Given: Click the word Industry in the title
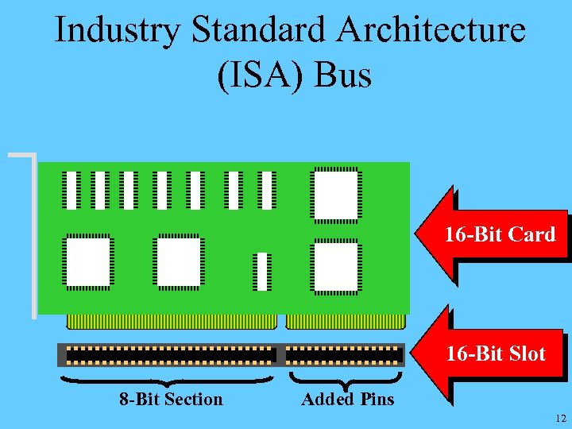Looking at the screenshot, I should (x=118, y=30).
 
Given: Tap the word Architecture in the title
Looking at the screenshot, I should (x=431, y=30).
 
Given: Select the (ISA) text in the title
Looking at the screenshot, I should (x=260, y=75).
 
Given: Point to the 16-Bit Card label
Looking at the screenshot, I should (x=500, y=234).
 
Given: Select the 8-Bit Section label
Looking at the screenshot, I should (x=171, y=399).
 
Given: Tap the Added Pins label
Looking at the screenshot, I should (x=347, y=399).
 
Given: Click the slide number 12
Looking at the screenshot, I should (x=561, y=419).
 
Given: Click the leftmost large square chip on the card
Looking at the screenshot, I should (x=87, y=261).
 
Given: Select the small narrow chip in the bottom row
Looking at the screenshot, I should (x=262, y=272).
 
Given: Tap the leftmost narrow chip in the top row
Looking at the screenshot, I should (x=72, y=190).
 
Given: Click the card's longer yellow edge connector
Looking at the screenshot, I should (x=172, y=322).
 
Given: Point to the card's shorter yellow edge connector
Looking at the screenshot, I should (x=345, y=322).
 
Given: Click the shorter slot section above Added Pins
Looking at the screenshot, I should (x=344, y=354).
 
